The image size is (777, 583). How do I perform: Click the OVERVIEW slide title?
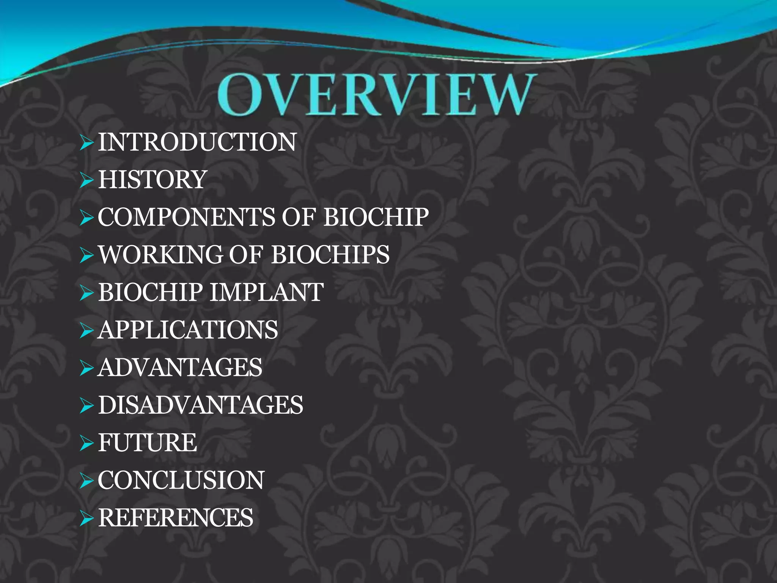377,95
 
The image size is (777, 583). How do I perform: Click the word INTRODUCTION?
197,142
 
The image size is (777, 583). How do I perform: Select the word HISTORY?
153,180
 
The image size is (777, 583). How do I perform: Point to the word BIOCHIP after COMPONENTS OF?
376,217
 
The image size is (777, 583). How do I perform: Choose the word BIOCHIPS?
330,254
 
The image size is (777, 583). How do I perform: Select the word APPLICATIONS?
188,330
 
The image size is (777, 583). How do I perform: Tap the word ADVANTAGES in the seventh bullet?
180,367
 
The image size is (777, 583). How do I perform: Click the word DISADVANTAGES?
201,405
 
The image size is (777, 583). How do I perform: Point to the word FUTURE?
148,443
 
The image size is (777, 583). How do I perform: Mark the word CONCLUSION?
181,480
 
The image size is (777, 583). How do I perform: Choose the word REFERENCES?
176,518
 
